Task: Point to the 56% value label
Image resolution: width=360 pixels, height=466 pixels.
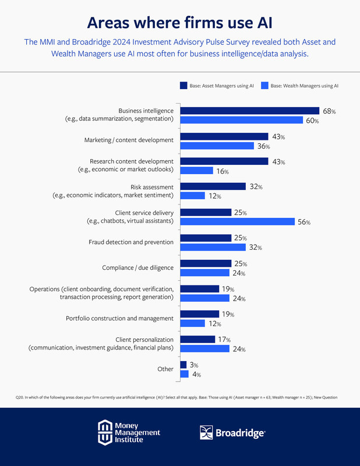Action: click(305, 222)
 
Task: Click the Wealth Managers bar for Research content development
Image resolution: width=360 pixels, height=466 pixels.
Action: click(196, 171)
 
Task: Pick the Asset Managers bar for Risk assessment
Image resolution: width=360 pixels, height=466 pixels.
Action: click(213, 186)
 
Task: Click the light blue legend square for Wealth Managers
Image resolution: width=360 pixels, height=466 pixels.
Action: click(264, 86)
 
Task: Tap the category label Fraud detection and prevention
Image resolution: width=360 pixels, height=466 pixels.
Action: click(131, 242)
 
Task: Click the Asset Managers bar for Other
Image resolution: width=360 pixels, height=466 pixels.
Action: click(183, 365)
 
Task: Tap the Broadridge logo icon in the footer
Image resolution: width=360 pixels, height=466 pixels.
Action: click(207, 432)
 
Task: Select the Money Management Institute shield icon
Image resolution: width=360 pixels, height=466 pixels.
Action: click(105, 432)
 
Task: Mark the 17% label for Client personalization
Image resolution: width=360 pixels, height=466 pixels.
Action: click(224, 340)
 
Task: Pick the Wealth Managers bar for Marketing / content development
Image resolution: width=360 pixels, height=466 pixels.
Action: click(217, 146)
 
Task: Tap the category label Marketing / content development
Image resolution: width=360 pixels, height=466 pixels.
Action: click(129, 140)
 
